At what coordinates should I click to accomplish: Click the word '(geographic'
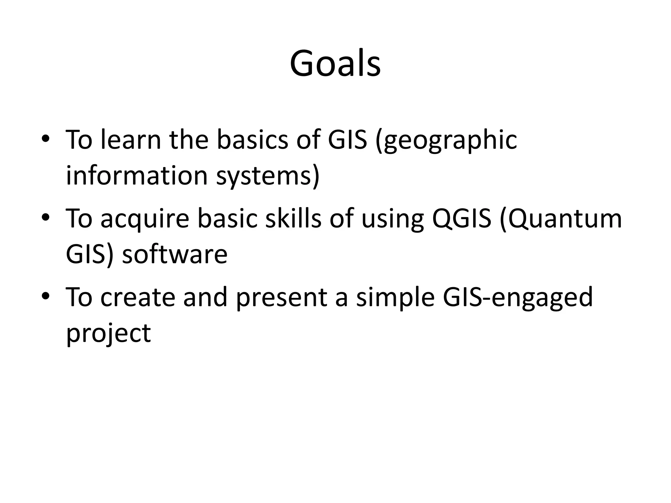tap(446, 141)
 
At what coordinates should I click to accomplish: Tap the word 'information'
tap(137, 176)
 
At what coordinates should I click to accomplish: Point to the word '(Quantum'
tap(561, 219)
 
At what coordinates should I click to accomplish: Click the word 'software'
tap(175, 254)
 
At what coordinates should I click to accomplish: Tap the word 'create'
tap(138, 297)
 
